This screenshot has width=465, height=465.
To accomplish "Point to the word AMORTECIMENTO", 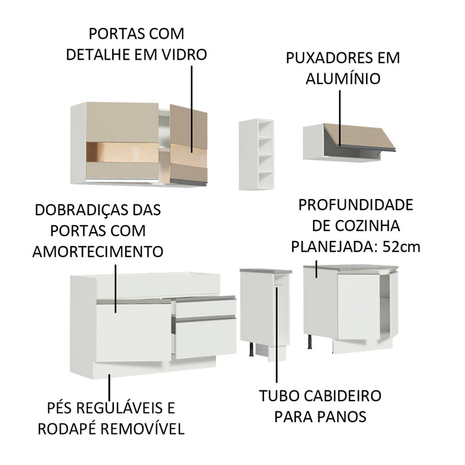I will (98, 251).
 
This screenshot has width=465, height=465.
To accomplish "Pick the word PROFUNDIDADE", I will (355, 206).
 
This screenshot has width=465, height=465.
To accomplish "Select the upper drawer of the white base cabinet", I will (204, 307).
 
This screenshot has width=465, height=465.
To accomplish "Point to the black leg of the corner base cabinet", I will (311, 342).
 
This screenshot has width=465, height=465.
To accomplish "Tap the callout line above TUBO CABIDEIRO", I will (277, 334).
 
